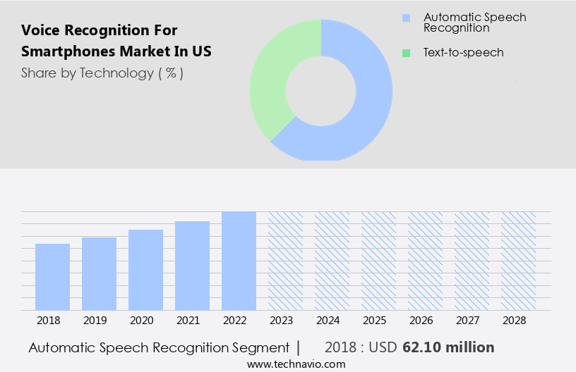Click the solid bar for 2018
click(52, 277)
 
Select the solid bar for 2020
click(145, 270)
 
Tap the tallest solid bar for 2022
click(239, 261)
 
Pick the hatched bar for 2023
click(285, 261)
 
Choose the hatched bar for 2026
click(425, 261)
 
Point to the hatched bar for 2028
click(518, 261)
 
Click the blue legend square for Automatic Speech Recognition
click(405, 18)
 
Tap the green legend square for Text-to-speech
click(405, 53)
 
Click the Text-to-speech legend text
click(463, 53)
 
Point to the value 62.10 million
click(448, 347)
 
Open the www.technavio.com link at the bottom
click(296, 364)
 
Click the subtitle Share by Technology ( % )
click(102, 73)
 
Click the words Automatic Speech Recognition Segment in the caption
click(159, 347)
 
